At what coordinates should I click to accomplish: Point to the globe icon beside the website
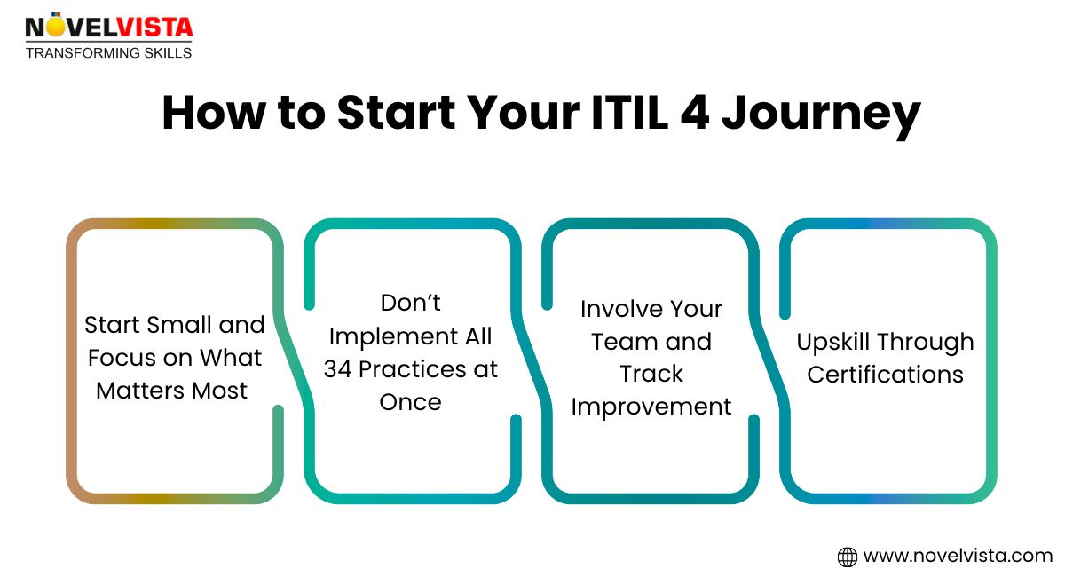(848, 557)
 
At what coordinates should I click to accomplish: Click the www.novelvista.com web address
(958, 557)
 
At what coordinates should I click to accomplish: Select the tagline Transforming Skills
(108, 53)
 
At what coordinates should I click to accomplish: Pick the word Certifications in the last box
(885, 375)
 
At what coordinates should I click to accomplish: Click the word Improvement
(651, 407)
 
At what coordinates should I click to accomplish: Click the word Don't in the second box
(411, 304)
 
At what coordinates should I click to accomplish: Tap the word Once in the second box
(411, 401)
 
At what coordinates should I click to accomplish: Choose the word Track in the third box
(651, 374)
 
